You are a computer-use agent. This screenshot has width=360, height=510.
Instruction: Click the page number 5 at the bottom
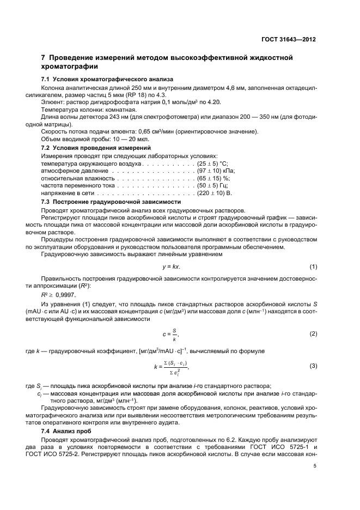(x=315, y=466)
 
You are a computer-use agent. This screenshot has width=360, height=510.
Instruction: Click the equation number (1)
(x=313, y=267)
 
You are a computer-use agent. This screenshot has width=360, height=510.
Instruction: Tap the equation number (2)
(x=313, y=333)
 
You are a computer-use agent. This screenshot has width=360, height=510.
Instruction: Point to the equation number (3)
(x=313, y=366)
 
